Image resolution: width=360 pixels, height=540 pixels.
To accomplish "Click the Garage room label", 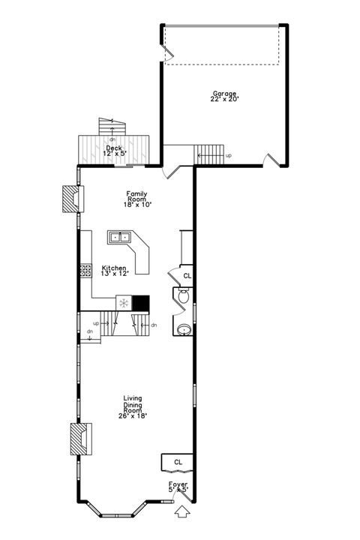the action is click(x=224, y=93).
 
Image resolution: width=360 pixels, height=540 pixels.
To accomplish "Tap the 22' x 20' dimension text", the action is click(x=224, y=99).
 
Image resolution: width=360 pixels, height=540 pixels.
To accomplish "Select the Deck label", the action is click(x=114, y=148).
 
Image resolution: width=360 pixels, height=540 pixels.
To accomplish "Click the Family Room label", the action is click(x=136, y=196).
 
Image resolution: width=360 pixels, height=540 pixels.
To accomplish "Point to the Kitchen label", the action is click(x=114, y=268).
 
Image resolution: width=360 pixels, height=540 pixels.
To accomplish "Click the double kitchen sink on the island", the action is click(x=119, y=237).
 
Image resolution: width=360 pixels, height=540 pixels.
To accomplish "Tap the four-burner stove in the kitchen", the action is click(x=86, y=270).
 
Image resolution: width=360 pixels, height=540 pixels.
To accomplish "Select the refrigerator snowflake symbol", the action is click(x=124, y=303).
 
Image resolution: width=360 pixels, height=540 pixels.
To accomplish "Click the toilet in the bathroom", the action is click(x=183, y=296).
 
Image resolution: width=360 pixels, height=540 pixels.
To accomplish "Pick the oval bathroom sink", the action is click(x=184, y=330).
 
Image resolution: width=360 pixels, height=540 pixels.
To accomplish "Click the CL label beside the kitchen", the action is click(x=187, y=276).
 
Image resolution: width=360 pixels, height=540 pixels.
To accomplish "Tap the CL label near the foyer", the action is click(x=178, y=462).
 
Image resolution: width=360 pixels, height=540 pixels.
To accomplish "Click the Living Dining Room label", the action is click(x=133, y=407).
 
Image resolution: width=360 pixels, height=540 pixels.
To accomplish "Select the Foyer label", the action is click(x=178, y=484).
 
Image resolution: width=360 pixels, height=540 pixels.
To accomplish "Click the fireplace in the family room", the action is click(x=73, y=199).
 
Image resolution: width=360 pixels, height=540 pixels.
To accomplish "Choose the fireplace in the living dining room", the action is click(x=81, y=439).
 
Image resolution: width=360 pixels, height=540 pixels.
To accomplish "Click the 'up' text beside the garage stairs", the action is click(x=229, y=156).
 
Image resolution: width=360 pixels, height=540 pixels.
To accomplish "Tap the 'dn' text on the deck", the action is click(x=112, y=139).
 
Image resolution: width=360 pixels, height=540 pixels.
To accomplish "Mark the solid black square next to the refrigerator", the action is click(x=141, y=303).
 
